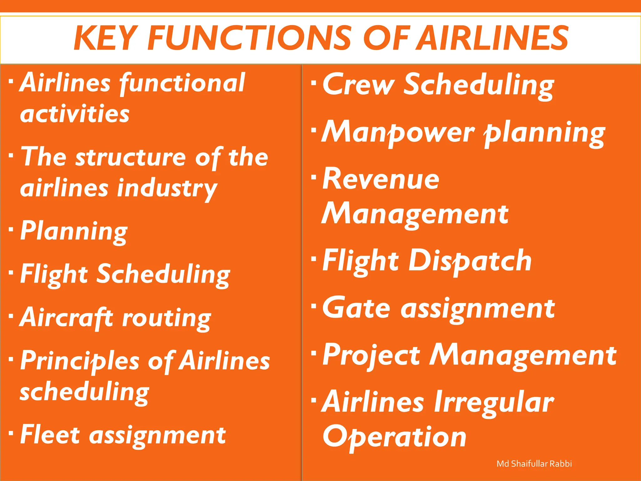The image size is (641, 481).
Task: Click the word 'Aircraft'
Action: (x=66, y=318)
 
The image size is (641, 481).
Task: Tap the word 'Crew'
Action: (x=358, y=85)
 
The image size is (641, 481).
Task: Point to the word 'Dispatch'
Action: (x=470, y=261)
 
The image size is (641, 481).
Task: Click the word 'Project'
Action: (x=371, y=356)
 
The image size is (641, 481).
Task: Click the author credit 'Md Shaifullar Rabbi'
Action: (x=534, y=464)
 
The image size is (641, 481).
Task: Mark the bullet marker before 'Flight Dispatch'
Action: (x=314, y=260)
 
